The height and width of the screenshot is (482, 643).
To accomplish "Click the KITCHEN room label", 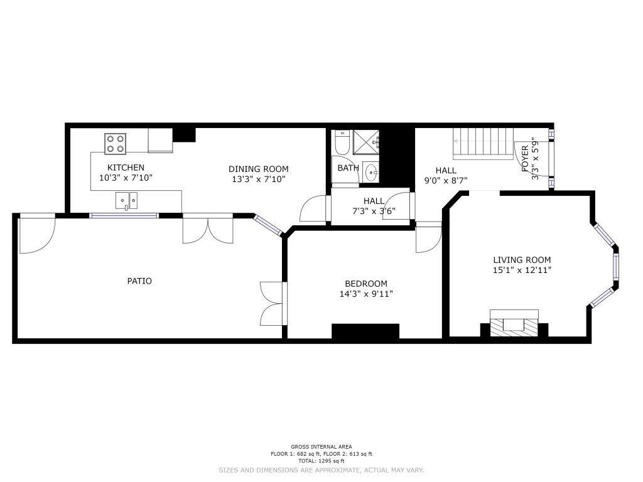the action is (x=126, y=168).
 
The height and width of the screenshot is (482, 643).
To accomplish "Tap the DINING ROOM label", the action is (x=258, y=169).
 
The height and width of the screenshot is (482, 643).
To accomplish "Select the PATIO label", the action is (x=139, y=281).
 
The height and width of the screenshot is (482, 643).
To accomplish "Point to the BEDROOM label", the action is (x=366, y=284).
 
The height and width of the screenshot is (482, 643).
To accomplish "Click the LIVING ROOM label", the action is (x=522, y=260).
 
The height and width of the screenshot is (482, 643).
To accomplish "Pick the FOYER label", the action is (x=525, y=159).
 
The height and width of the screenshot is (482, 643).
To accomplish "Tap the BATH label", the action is (x=348, y=168).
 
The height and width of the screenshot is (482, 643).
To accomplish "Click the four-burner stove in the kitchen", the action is (x=116, y=144).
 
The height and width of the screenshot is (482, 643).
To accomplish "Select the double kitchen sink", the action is (x=127, y=200).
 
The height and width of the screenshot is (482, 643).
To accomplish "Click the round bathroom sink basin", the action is (x=372, y=173).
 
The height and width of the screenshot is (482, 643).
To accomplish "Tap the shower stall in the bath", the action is (x=366, y=142).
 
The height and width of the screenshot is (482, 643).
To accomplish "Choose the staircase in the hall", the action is (x=484, y=144).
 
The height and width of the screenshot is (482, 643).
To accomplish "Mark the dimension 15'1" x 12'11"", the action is (x=522, y=270).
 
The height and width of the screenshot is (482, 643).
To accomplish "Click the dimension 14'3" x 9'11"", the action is (x=366, y=294).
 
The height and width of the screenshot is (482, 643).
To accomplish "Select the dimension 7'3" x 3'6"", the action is (x=374, y=212).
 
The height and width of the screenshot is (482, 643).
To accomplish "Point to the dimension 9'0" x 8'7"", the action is (x=446, y=180).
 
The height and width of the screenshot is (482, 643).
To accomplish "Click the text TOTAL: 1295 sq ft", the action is (x=321, y=461).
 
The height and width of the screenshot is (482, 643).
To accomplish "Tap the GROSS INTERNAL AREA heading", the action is (x=321, y=447).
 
